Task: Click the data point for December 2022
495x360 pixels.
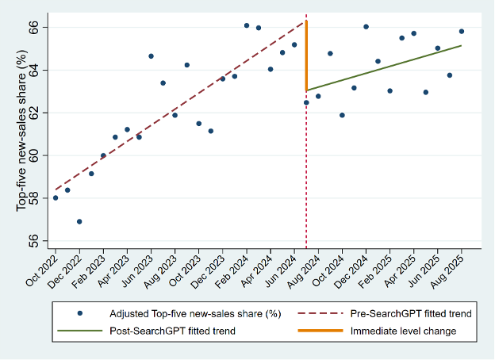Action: [x=79, y=222]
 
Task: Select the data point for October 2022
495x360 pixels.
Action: [x=56, y=197]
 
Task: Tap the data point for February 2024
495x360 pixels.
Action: [x=247, y=25]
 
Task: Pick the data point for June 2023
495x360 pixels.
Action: [x=151, y=56]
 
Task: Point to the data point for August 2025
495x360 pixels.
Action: [x=462, y=31]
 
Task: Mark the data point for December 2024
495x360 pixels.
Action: [x=366, y=27]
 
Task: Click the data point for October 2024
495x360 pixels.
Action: [x=342, y=115]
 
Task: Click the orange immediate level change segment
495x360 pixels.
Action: [x=306, y=56]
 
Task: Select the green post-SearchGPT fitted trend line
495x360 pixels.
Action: [x=384, y=68]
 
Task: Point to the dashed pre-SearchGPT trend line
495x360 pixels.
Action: [x=181, y=105]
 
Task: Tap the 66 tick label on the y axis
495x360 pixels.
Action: [x=33, y=28]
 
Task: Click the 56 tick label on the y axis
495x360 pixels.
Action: [x=33, y=241]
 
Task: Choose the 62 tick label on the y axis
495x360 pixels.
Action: [x=33, y=113]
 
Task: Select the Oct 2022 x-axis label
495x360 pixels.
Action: [x=42, y=270]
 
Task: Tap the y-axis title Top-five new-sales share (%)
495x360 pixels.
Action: [x=21, y=131]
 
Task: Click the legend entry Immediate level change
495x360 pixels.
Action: [x=403, y=331]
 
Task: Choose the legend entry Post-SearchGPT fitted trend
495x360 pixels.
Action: [x=172, y=331]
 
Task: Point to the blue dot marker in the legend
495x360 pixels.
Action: [x=80, y=313]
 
